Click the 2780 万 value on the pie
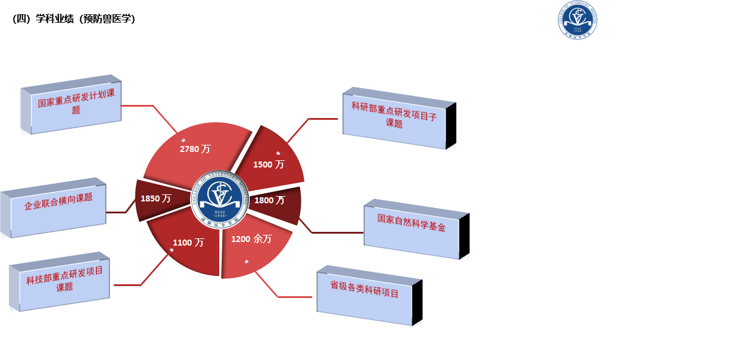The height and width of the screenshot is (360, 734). point(195,149)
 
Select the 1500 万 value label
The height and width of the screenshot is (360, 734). point(269,165)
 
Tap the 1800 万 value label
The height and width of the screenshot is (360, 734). point(269,200)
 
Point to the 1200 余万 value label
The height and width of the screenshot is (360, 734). point(251,239)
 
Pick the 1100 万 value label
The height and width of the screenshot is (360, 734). point(188,243)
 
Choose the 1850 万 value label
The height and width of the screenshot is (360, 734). point(155,198)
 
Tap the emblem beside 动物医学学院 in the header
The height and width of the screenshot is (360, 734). point(577,20)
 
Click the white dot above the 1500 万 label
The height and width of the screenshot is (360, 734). point(278,153)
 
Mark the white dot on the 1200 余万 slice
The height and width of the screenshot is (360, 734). point(247,261)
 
